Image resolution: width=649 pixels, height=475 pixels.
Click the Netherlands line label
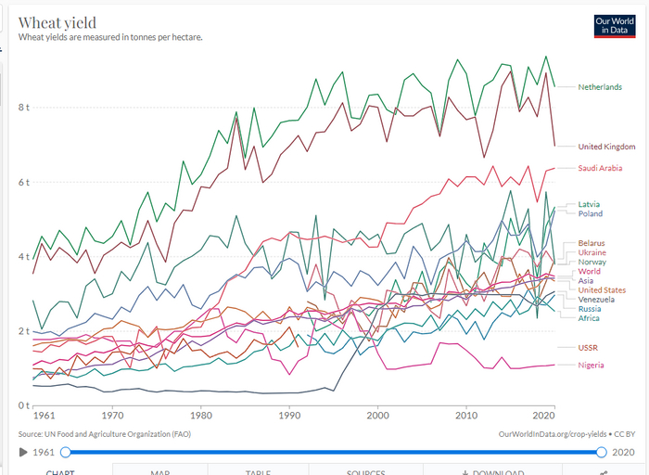coord(599,87)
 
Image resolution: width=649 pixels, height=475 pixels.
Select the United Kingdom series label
coord(606,147)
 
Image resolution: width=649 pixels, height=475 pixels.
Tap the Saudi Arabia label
coord(600,168)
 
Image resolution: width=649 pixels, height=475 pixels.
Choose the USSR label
coord(589,347)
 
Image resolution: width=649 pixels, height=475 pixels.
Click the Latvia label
coord(590,204)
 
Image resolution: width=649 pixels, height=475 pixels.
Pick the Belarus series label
coord(592,243)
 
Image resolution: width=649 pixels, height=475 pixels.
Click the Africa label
coord(589,318)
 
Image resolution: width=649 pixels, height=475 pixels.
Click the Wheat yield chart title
coord(57,22)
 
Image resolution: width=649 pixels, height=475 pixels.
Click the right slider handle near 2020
coord(602,452)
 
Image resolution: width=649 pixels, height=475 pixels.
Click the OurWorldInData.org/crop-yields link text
coord(554,433)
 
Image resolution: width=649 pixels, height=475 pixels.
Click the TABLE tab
coord(258,472)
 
